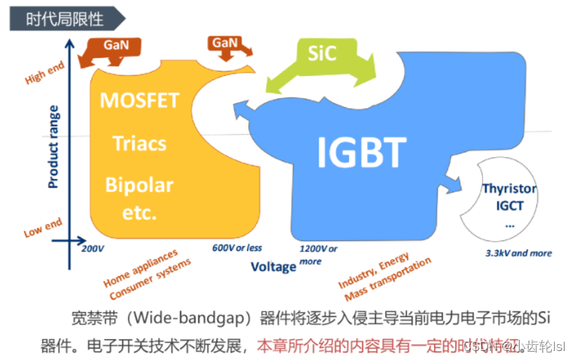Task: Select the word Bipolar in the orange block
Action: pyautogui.click(x=139, y=185)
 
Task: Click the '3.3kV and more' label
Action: pyautogui.click(x=518, y=253)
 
